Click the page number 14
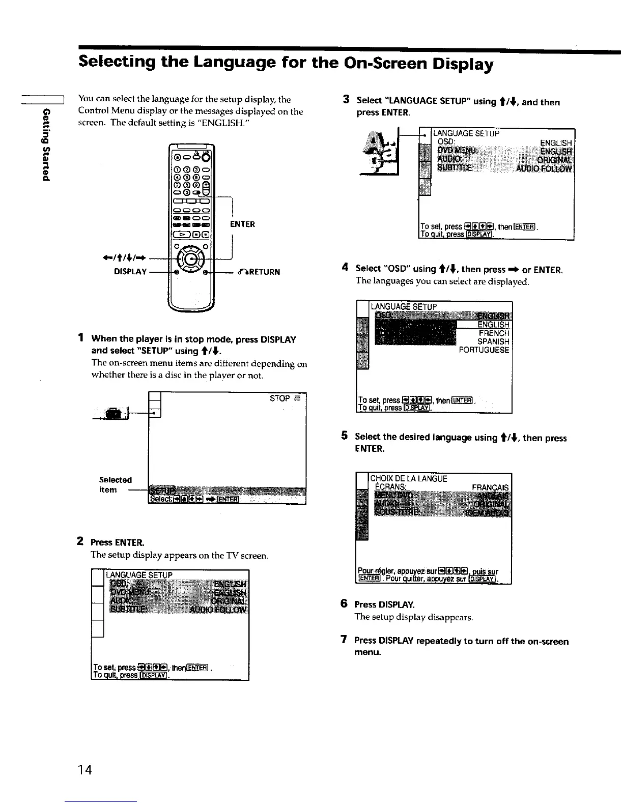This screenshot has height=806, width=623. (85, 770)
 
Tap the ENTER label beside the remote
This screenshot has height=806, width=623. (242, 224)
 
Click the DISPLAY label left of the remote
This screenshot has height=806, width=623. (130, 272)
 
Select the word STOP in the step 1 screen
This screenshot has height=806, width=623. (279, 398)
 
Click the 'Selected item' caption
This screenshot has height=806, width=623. (115, 484)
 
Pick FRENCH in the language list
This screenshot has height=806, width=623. (494, 333)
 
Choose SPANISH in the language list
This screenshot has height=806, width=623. (493, 342)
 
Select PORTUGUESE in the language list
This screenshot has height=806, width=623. (484, 350)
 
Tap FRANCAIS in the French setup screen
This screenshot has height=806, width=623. (490, 487)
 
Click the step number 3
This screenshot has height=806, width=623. (346, 99)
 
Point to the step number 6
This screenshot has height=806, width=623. (344, 603)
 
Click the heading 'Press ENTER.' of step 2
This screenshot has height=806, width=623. (117, 542)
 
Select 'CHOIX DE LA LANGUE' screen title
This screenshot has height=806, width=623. (409, 478)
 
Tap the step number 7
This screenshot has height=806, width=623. (344, 640)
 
